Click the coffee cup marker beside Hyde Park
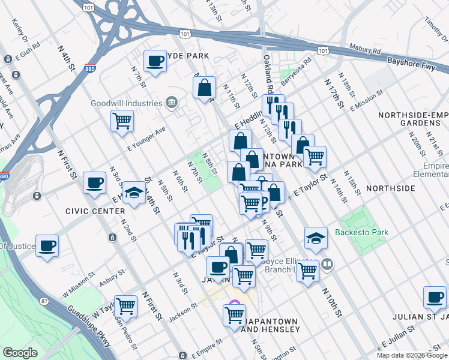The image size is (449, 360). coord(155,61)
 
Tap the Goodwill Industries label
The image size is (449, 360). coord(127,103)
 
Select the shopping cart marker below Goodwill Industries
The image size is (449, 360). coord(122,121)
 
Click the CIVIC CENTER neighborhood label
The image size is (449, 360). coord(96,211)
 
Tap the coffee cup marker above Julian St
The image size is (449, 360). coord(435,296)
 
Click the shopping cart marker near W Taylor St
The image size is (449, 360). coord(125,306)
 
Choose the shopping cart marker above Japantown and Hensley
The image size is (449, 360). coord(234,314)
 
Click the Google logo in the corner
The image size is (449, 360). coord(20,353)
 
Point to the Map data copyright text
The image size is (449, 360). coord(412,355)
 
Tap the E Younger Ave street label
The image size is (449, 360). coord(146,139)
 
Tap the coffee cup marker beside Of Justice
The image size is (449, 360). coord(47,245)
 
